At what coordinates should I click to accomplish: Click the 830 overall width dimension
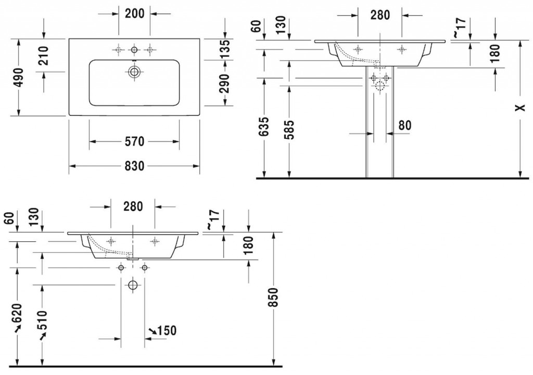tap(135, 166)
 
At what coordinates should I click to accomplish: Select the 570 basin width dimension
tap(135, 141)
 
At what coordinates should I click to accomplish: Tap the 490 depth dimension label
tap(20, 77)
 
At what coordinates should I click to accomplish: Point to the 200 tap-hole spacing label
tap(135, 14)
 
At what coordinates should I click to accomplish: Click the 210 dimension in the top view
tap(44, 55)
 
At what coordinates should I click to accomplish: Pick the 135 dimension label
tap(225, 48)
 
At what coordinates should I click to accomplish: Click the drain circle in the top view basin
tap(134, 72)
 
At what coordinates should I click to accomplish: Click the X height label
tap(521, 108)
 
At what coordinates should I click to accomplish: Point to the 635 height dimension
tap(264, 127)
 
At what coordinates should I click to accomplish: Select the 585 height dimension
tap(289, 130)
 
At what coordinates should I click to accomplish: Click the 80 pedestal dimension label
tap(404, 125)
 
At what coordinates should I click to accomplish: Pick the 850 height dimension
tap(274, 297)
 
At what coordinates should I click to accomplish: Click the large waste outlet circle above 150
tap(133, 285)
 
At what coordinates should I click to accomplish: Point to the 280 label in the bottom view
tap(133, 206)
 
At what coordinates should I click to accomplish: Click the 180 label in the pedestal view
tap(496, 53)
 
